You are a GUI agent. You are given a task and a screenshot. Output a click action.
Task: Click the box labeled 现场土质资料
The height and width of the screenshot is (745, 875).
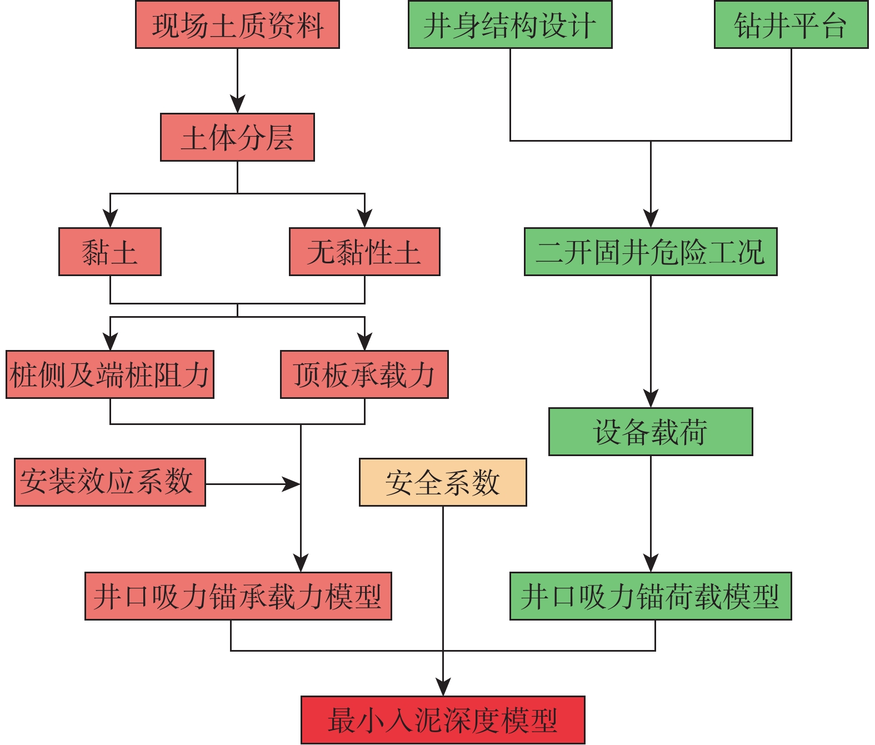tap(237, 25)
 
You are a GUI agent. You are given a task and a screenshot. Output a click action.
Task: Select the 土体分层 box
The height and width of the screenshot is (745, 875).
tap(237, 137)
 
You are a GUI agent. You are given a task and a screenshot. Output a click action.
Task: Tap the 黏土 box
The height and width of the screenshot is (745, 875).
tap(110, 252)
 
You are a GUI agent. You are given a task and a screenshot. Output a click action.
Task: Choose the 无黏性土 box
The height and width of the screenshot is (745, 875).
tap(364, 252)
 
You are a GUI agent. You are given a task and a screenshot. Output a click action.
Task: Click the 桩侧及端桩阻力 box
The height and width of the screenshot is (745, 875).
tap(110, 374)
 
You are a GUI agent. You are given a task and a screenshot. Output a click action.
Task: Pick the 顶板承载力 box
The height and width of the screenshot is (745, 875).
tap(364, 374)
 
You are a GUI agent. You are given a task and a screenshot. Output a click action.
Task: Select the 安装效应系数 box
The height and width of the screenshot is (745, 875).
tap(110, 482)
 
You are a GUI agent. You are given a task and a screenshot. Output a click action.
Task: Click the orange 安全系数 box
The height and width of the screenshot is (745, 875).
tap(443, 482)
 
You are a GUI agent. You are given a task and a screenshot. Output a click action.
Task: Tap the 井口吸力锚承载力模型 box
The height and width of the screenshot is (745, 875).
tap(238, 596)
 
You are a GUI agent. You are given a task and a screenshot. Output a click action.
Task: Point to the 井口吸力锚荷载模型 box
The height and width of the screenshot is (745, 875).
tap(651, 596)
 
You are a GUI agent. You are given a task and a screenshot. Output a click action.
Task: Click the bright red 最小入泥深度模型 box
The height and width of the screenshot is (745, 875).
tap(443, 720)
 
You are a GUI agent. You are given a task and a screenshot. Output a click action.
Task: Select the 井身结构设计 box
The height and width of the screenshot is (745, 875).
tap(510, 25)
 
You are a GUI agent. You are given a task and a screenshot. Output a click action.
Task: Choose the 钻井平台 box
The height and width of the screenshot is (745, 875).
tap(791, 25)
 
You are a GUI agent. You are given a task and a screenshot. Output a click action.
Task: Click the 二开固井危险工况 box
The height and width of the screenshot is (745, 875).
tap(651, 252)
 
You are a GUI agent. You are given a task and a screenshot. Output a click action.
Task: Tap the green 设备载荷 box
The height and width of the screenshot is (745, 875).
tap(651, 432)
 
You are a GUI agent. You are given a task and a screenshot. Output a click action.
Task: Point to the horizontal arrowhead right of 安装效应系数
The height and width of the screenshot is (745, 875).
tap(292, 484)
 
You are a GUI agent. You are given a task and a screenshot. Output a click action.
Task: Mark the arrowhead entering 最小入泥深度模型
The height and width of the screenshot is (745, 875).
tap(443, 688)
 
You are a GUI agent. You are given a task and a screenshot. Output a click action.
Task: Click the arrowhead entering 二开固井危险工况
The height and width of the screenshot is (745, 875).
tap(651, 219)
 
